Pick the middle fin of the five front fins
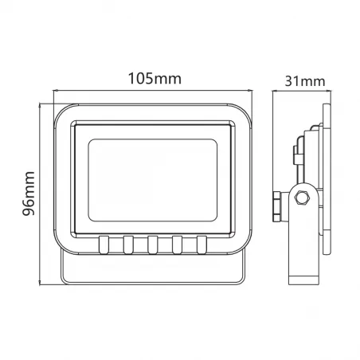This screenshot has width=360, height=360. (152, 244)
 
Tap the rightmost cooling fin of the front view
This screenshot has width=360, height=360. (202, 244)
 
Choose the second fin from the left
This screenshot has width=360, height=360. (127, 244)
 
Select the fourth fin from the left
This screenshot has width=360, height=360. (177, 244)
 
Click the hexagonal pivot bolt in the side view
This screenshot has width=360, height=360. (303, 198)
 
